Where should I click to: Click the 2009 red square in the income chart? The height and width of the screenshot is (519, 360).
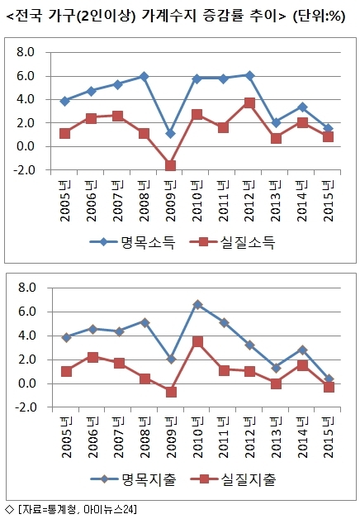tap(170, 165)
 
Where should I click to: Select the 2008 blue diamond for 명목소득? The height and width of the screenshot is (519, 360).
tap(144, 77)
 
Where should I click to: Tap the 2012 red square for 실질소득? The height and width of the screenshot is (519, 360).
tap(249, 103)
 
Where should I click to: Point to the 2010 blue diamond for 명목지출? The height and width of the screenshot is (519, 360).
tap(197, 305)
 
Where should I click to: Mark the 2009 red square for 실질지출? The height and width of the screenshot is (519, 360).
tap(171, 393)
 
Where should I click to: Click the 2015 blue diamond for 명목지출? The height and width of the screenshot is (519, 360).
tap(329, 379)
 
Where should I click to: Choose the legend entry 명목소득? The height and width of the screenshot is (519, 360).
tap(132, 242)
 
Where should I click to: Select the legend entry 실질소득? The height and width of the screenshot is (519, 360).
tap(232, 242)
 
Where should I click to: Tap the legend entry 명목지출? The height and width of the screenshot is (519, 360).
tap(133, 479)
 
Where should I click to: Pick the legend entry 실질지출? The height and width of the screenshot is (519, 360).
tap(233, 479)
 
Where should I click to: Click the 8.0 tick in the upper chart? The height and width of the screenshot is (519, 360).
tap(26, 52)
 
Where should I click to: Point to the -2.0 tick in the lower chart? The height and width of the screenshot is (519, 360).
tap(25, 407)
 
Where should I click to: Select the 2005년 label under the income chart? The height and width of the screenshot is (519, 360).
tap(64, 201)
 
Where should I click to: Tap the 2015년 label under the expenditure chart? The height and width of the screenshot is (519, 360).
tap(329, 437)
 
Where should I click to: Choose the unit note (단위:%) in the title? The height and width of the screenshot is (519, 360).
tap(319, 16)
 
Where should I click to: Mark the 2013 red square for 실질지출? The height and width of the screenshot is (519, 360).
tap(276, 383)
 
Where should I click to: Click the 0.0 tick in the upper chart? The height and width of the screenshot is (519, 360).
tap(26, 146)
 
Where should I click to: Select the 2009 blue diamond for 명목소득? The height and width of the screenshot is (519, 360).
tap(170, 134)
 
